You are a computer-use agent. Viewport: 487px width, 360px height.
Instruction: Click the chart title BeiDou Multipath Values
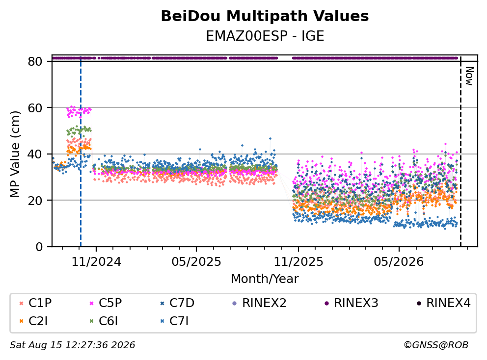(x=265, y=16)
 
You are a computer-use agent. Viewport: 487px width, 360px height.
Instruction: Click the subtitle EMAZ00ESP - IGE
(x=265, y=36)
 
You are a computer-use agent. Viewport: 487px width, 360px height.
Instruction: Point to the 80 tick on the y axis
(x=35, y=61)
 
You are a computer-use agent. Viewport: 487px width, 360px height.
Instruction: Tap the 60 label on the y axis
(x=35, y=108)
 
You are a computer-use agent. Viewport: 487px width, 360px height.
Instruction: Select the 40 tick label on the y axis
(x=35, y=154)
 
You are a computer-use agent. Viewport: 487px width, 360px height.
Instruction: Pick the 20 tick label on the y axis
(x=35, y=201)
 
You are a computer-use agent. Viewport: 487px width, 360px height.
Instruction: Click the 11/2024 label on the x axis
(x=96, y=262)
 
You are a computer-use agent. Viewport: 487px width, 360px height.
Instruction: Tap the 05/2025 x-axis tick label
(x=196, y=262)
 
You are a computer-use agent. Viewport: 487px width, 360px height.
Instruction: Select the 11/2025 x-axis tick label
(x=298, y=262)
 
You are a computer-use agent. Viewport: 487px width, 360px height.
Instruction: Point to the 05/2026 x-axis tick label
(x=399, y=262)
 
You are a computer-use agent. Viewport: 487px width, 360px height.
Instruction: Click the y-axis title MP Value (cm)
(x=15, y=154)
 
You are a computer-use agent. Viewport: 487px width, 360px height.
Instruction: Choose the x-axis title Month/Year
(x=265, y=279)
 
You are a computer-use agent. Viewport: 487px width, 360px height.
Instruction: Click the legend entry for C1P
(x=35, y=303)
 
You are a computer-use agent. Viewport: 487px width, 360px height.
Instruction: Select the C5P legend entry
(x=106, y=303)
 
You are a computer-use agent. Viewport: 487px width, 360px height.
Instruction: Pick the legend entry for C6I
(x=104, y=321)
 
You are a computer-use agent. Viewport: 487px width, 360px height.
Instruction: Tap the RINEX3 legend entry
(x=352, y=303)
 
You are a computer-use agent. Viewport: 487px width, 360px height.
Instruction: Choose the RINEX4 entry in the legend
(x=443, y=303)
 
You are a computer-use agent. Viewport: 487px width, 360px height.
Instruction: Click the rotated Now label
(x=469, y=76)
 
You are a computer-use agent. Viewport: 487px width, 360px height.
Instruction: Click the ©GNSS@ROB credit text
(x=436, y=345)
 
